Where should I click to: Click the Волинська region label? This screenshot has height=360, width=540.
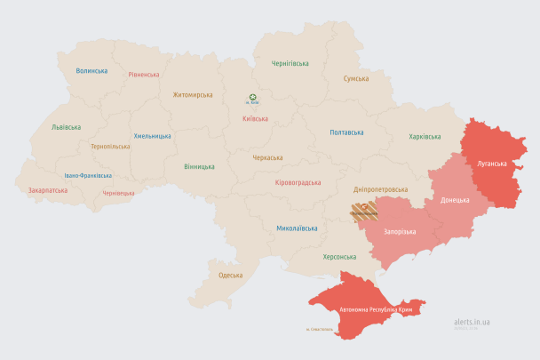pos(91,70)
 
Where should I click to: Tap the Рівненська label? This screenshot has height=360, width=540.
pos(143,75)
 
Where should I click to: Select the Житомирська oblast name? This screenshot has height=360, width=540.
pos(193,93)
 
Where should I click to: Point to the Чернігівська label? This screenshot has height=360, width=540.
pos(290,63)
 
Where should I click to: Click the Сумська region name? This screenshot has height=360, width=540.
pos(356,78)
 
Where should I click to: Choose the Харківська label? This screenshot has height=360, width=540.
pos(425,136)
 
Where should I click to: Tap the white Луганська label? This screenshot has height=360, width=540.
pos(492,164)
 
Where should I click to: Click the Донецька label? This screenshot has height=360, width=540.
pos(455,199)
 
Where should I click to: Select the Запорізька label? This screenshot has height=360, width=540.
pos(400,231)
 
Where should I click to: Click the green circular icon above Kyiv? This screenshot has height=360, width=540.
pos(253,98)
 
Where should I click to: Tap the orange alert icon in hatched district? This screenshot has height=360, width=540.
pos(363,204)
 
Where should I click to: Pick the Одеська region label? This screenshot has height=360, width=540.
pos(230,276)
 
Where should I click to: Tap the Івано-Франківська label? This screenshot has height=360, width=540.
pos(88,175)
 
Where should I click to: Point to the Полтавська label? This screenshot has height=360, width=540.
pos(346,132)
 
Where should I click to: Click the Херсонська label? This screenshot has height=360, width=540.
pos(339,256)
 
